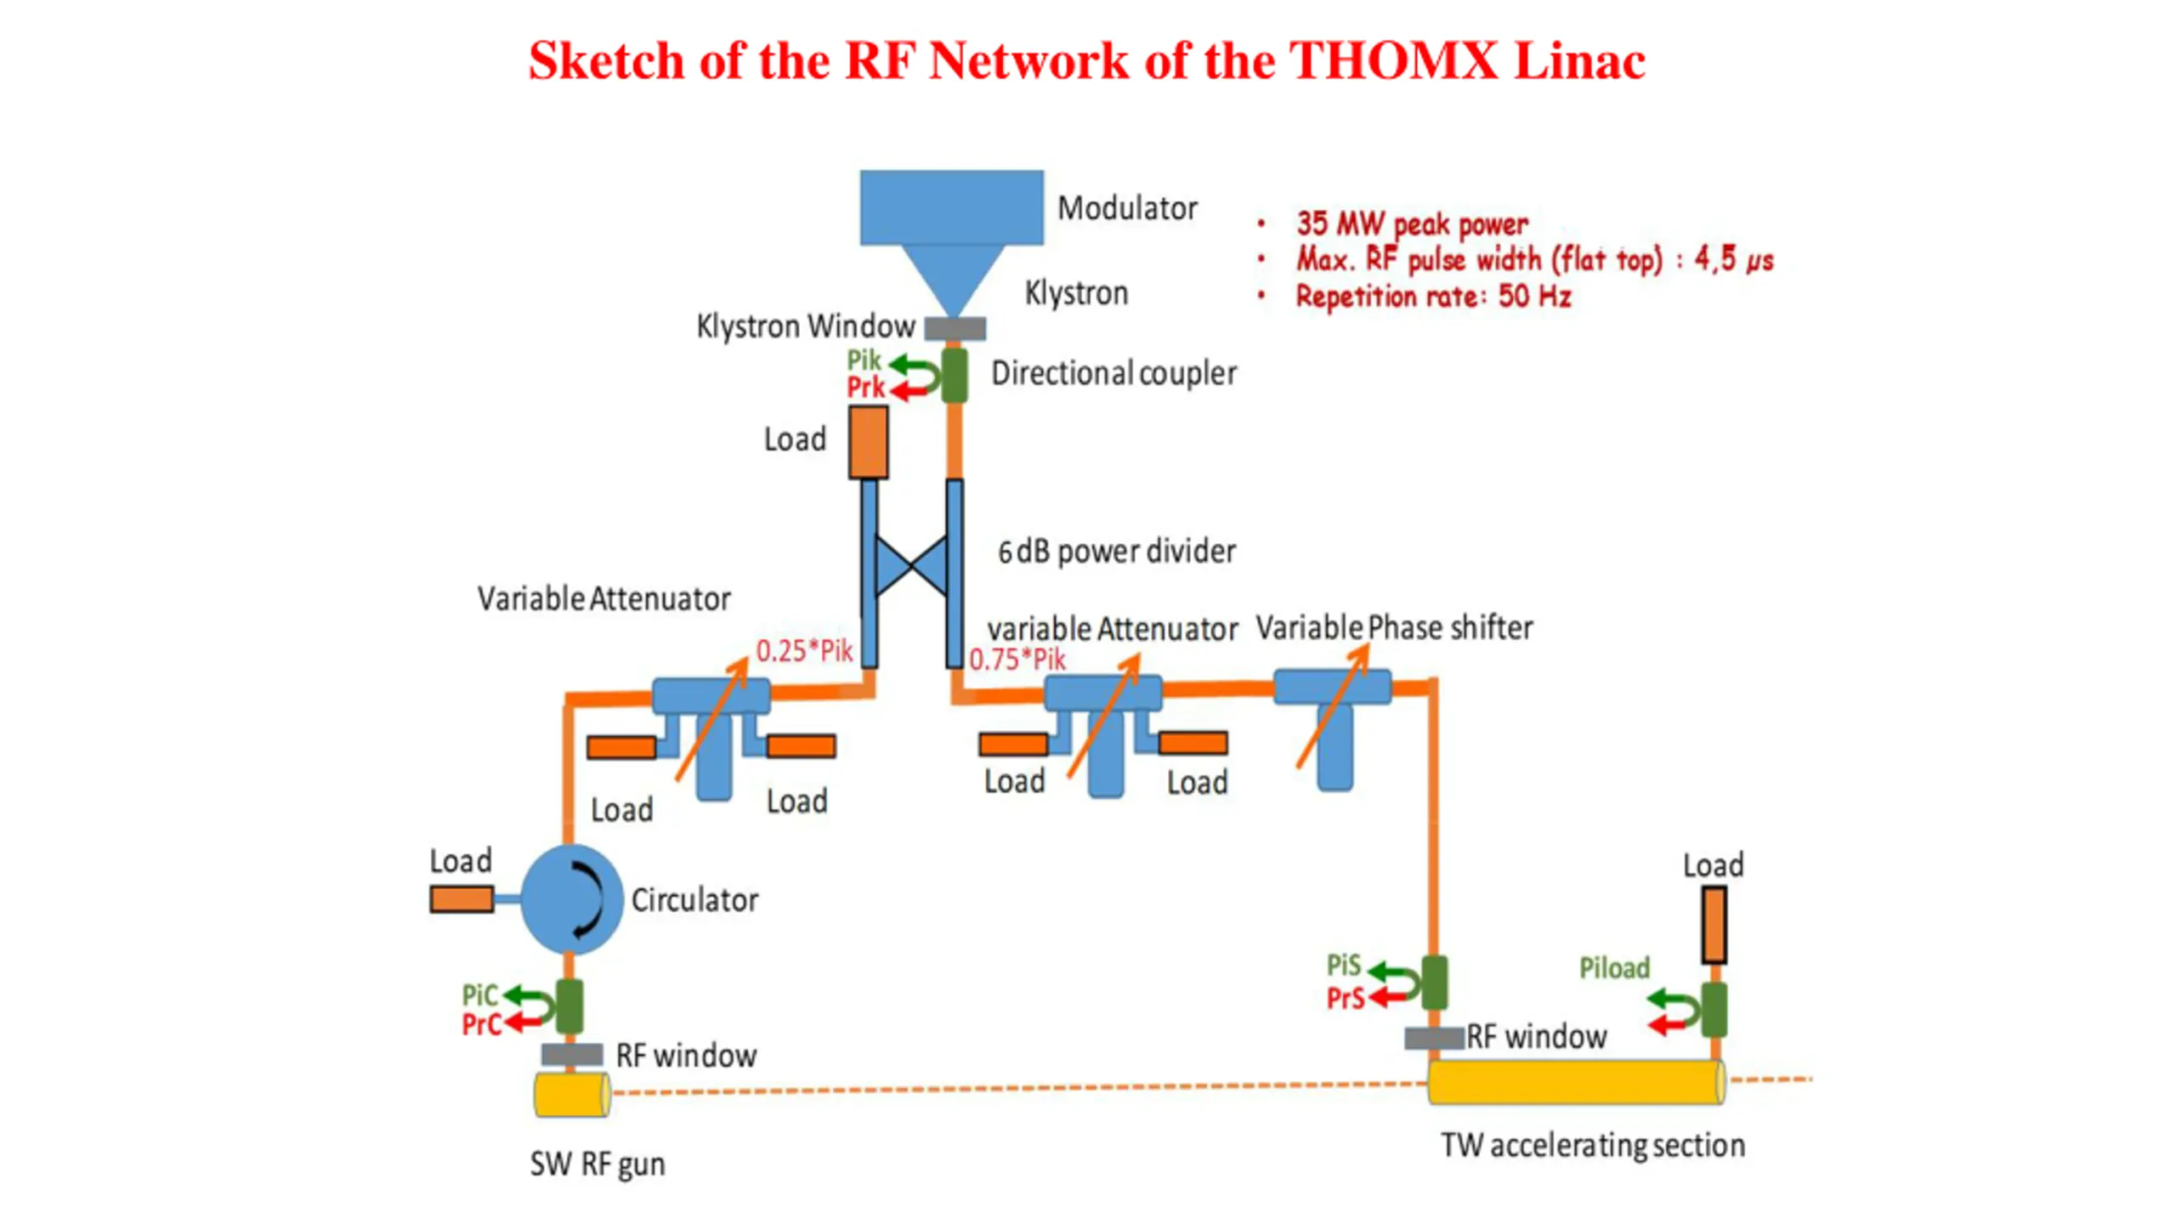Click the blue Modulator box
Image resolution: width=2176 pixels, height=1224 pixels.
(x=951, y=207)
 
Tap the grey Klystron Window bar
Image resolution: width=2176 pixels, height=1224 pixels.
(x=955, y=328)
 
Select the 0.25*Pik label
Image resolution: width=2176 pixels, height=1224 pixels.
(x=804, y=651)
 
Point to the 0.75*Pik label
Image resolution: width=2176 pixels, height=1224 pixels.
(x=1017, y=660)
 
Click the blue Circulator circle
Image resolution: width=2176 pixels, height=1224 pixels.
(x=570, y=899)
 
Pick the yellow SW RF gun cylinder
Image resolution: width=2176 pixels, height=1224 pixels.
(x=571, y=1095)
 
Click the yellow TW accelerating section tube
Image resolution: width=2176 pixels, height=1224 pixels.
(x=1577, y=1082)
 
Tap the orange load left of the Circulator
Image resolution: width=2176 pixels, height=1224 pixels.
(x=462, y=899)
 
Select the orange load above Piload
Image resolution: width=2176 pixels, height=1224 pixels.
(x=1714, y=925)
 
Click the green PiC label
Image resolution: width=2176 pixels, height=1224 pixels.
(x=479, y=995)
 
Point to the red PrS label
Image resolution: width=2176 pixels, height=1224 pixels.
(x=1346, y=998)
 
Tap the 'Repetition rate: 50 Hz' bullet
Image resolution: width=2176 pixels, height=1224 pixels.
(x=1433, y=297)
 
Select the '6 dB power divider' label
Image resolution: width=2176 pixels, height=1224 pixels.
(x=1117, y=552)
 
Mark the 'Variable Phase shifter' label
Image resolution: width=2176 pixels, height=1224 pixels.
(x=1394, y=628)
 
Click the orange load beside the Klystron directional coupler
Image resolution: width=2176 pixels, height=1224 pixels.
(x=869, y=442)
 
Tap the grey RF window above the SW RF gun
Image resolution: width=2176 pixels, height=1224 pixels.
(x=573, y=1055)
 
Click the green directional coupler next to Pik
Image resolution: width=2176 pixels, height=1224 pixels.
(x=955, y=375)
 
